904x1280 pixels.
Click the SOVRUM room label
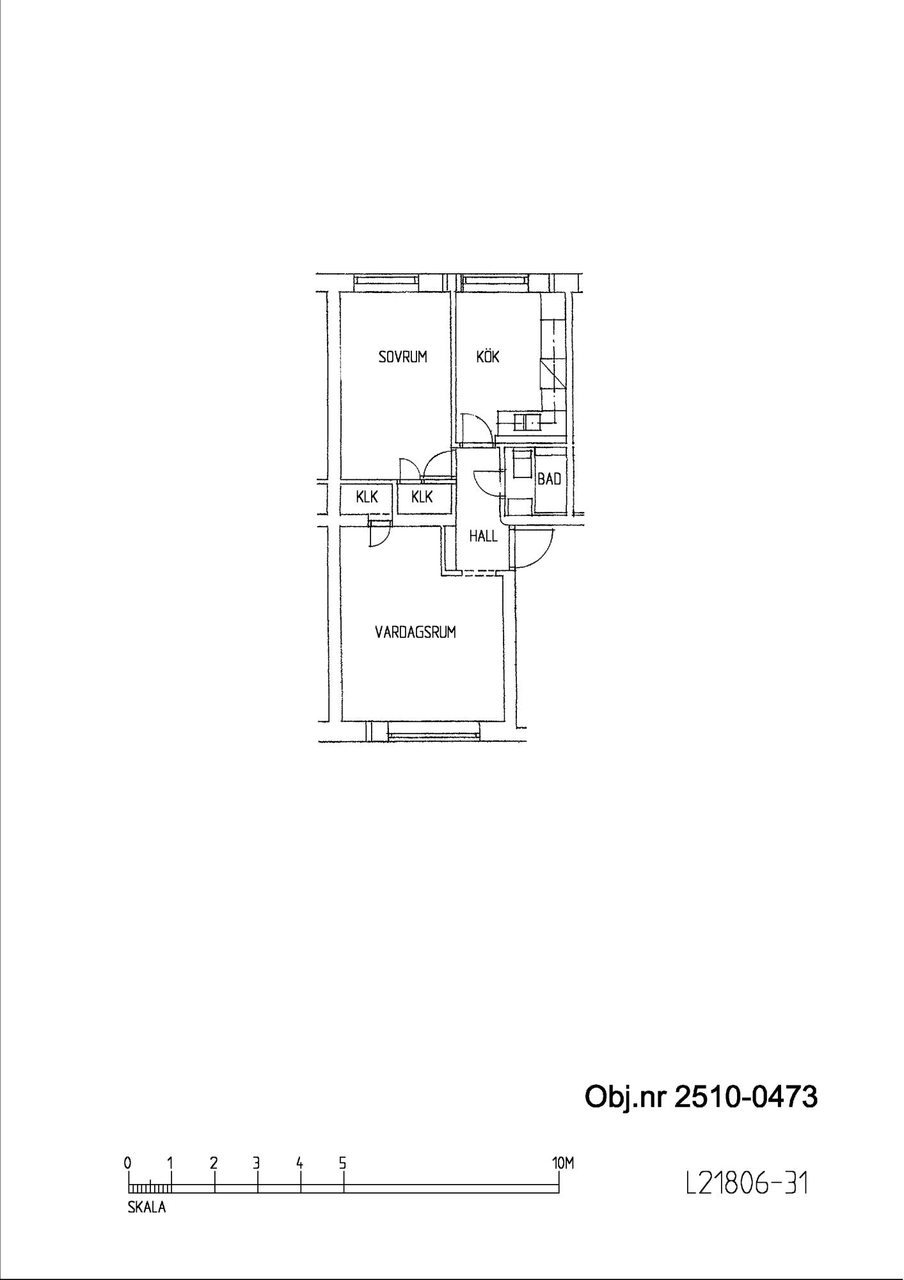pyautogui.click(x=402, y=357)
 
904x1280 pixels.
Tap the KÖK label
pyautogui.click(x=488, y=356)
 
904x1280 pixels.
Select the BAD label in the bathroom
pyautogui.click(x=549, y=479)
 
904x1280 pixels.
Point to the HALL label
pyautogui.click(x=483, y=536)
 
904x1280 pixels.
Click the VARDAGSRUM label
pyautogui.click(x=415, y=632)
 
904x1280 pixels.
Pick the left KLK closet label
pyautogui.click(x=367, y=497)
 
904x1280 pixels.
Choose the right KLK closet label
pyautogui.click(x=422, y=497)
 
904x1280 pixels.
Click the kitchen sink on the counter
pyautogui.click(x=532, y=422)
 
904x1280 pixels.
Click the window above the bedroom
pyautogui.click(x=386, y=280)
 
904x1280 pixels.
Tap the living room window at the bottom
pyautogui.click(x=434, y=731)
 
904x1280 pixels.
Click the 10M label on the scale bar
pyautogui.click(x=563, y=1164)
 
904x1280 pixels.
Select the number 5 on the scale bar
pyautogui.click(x=343, y=1163)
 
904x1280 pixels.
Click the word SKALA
pyautogui.click(x=147, y=1208)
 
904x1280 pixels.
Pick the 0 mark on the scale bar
pyautogui.click(x=129, y=1163)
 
